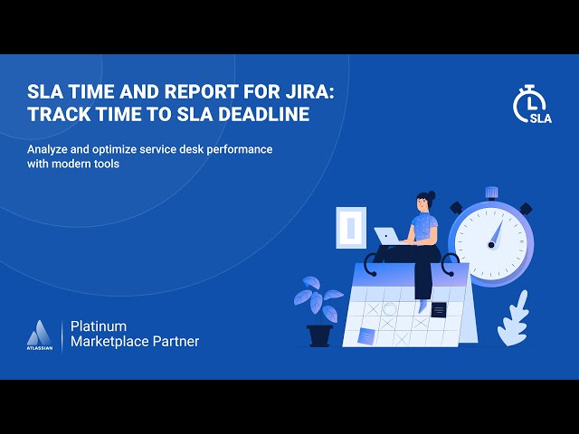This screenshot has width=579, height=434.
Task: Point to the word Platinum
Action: pos(99,325)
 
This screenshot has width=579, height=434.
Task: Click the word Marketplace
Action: pos(113,341)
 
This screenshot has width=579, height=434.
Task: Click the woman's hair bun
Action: pos(432,194)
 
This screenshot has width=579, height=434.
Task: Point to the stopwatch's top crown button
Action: pos(491,193)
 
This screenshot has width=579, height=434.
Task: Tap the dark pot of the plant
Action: pos(319,335)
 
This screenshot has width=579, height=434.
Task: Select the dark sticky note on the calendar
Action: pos(439,309)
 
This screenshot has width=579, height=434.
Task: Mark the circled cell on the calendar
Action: pos(390,309)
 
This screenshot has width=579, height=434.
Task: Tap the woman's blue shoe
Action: pos(423,306)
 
